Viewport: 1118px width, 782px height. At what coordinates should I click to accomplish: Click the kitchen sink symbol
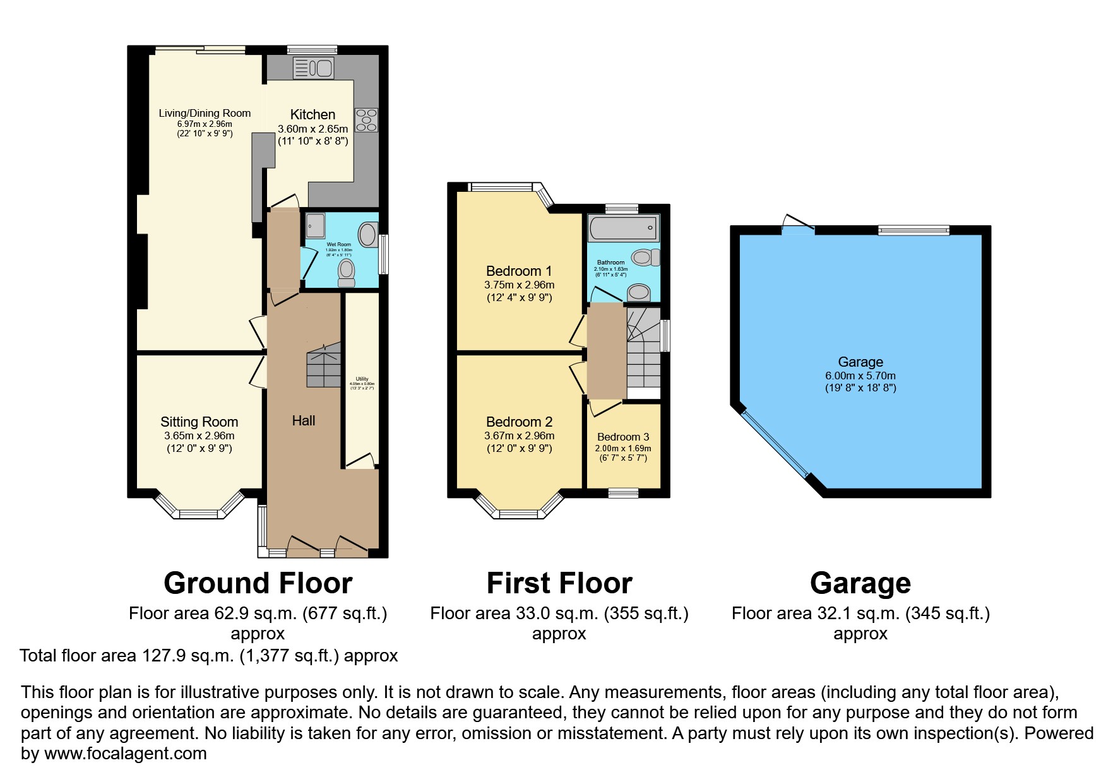click(313, 68)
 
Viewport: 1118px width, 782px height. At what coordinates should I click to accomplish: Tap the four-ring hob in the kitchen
click(366, 120)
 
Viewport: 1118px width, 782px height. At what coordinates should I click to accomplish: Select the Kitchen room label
click(312, 115)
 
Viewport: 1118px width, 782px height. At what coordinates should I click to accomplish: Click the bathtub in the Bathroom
click(622, 227)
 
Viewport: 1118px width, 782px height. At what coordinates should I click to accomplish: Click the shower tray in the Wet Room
click(315, 225)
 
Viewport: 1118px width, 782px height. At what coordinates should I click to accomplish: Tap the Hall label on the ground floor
click(303, 421)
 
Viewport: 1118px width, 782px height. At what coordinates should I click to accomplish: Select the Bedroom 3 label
click(623, 437)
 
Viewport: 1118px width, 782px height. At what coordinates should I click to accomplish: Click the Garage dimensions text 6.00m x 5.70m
click(860, 376)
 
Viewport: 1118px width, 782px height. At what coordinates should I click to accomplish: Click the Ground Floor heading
click(258, 583)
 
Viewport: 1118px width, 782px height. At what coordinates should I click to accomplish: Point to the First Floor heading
click(559, 583)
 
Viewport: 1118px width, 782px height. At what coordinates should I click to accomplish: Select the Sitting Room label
click(199, 422)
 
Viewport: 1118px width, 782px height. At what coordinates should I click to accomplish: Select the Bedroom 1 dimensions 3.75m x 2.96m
click(519, 285)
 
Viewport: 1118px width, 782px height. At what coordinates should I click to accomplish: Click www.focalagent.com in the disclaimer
click(125, 754)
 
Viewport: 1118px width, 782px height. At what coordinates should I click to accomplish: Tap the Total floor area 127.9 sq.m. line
click(208, 656)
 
